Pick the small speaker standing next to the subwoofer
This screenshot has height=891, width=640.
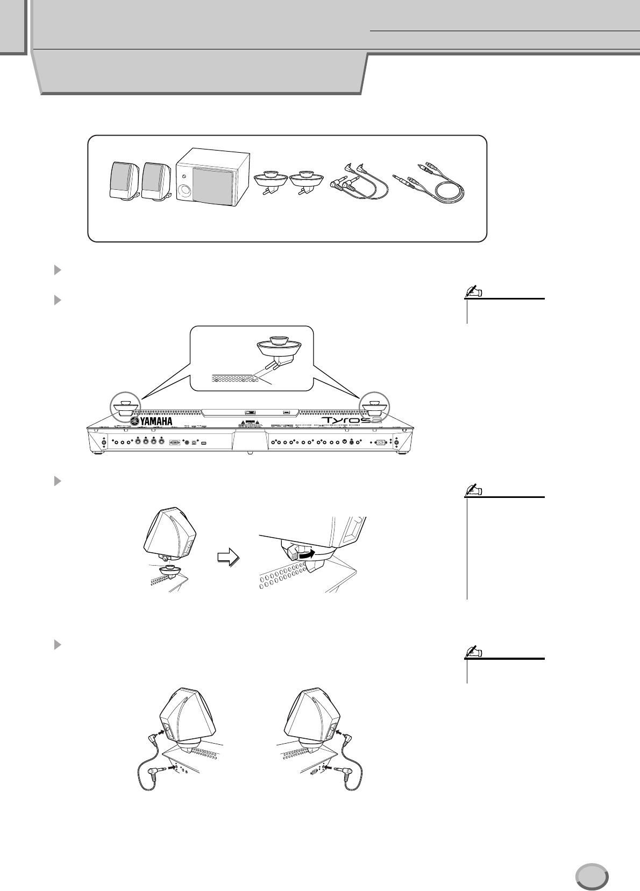click(156, 182)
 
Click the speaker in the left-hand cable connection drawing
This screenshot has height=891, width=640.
click(188, 718)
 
